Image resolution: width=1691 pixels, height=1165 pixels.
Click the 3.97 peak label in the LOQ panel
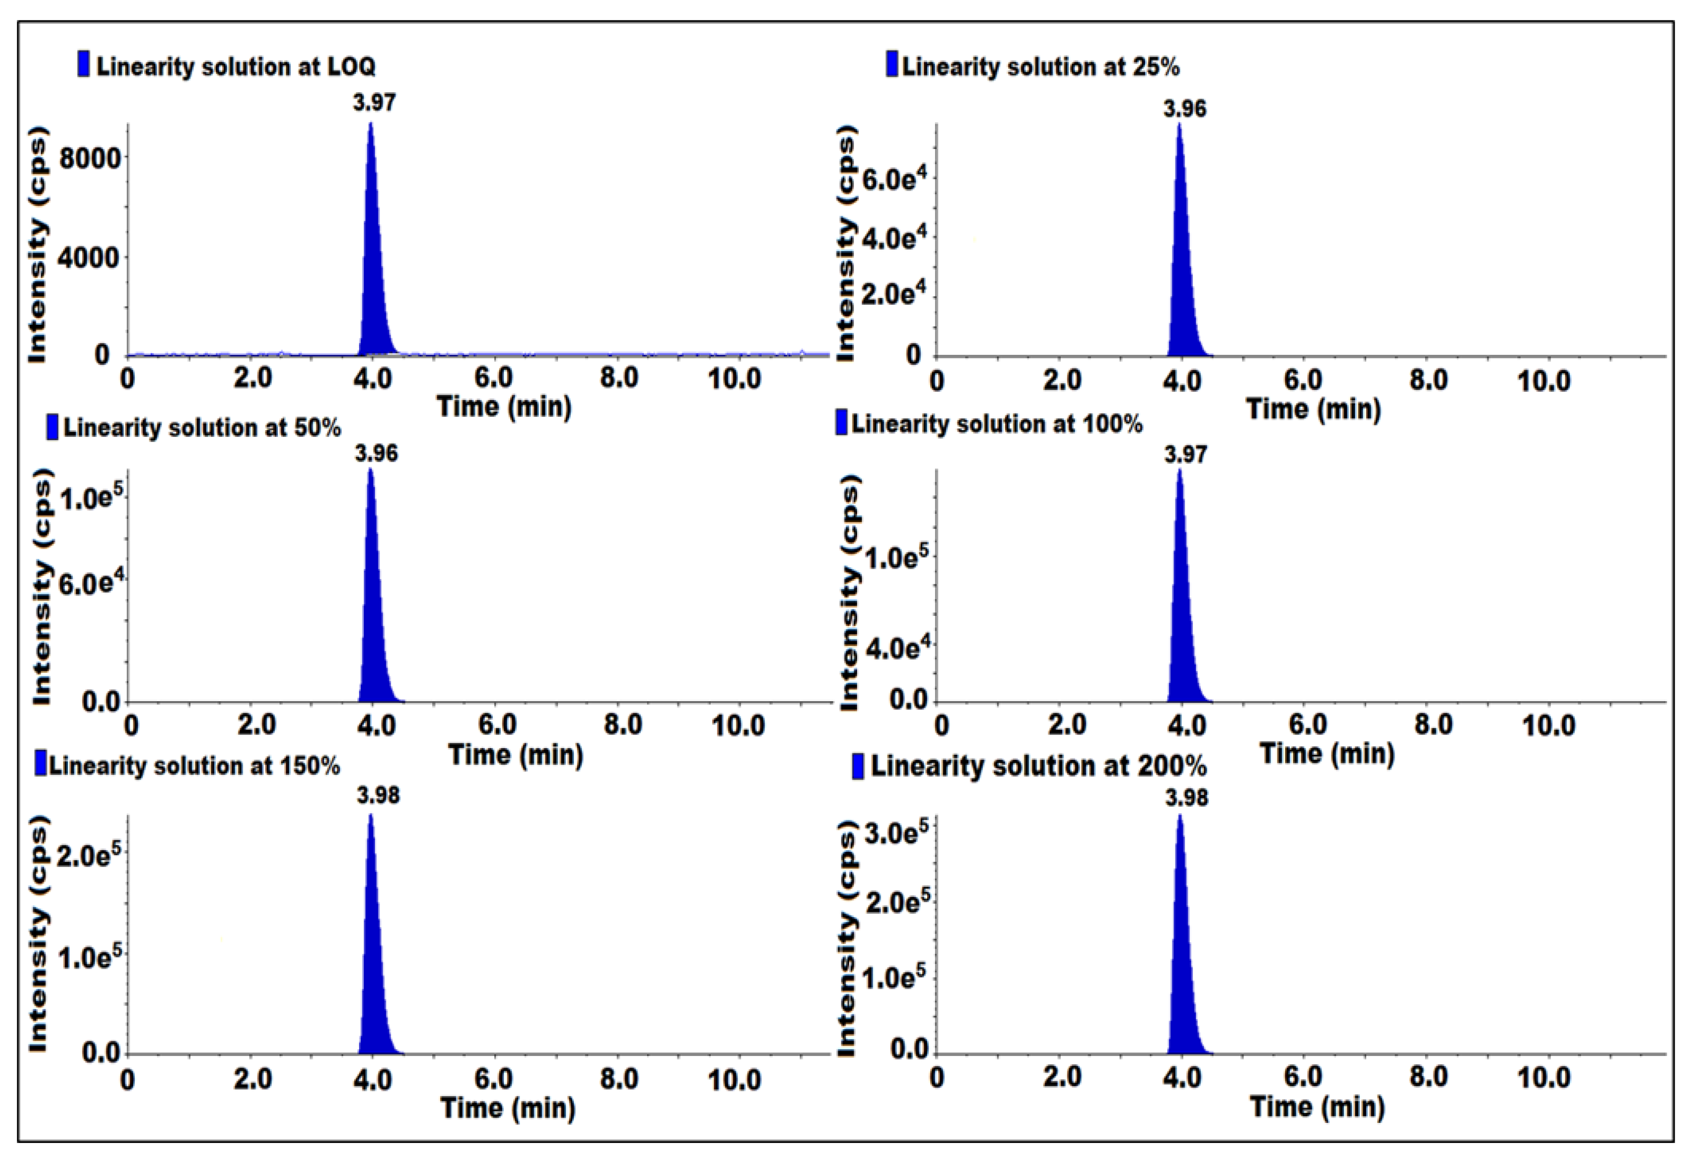(374, 102)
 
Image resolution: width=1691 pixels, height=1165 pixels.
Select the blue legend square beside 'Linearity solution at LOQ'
(84, 64)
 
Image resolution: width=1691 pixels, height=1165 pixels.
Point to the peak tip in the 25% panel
(1179, 125)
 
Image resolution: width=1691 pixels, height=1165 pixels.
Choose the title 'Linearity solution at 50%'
(202, 428)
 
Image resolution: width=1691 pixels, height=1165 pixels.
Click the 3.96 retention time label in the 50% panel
(376, 453)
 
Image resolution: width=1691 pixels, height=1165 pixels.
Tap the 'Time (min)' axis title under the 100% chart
(1327, 753)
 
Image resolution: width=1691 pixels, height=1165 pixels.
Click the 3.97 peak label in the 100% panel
(1185, 455)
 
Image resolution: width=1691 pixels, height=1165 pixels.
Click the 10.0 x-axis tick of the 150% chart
(734, 1080)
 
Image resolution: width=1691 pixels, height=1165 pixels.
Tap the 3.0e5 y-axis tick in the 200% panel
(896, 833)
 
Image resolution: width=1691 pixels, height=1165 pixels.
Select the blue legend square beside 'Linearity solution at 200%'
(858, 766)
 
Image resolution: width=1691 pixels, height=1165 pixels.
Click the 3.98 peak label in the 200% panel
(1187, 798)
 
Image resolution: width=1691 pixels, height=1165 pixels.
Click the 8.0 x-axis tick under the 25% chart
(1428, 380)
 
